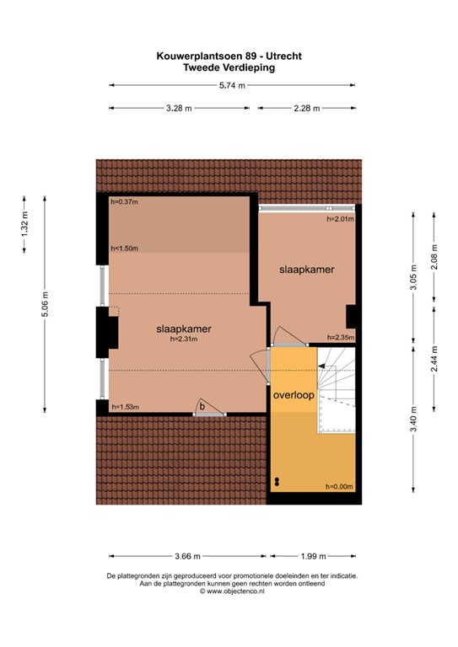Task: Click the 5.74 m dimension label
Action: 232,85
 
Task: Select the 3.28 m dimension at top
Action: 178,108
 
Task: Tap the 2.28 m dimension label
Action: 306,108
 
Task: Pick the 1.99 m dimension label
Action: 313,555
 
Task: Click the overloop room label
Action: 293,393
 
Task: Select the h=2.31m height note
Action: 183,340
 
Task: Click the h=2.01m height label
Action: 340,218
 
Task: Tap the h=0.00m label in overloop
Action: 339,487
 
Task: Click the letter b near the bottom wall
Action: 201,405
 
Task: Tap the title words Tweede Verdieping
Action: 229,68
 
